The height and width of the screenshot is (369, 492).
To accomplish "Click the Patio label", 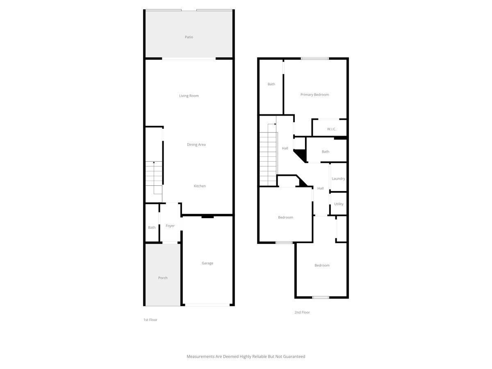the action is click(189, 37).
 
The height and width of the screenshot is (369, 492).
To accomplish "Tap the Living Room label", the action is click(189, 96).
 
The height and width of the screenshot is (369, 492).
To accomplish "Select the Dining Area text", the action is click(196, 144).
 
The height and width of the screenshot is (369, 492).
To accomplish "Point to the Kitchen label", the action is click(200, 186).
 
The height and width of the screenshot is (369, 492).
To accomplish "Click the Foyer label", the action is click(170, 226).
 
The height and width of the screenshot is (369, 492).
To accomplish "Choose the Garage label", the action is click(207, 263).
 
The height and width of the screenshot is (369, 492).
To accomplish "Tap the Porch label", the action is click(163, 278).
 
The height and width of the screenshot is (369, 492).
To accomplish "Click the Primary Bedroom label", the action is click(314, 95).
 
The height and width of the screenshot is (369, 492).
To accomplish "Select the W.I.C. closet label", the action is click(331, 129).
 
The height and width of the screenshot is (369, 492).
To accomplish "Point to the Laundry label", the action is click(338, 179).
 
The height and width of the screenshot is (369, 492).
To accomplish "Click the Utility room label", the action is click(339, 204).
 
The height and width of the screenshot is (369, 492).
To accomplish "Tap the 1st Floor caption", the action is click(150, 320).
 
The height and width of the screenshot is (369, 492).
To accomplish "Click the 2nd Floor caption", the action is click(302, 312).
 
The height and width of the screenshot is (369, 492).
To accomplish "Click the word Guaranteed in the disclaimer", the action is click(294, 356).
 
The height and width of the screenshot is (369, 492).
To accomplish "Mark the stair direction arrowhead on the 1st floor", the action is click(154, 162).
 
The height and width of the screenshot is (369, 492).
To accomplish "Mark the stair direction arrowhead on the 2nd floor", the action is click(275, 124).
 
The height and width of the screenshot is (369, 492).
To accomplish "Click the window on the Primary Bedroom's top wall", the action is click(315, 59).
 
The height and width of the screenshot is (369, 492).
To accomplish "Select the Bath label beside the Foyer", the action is click(152, 228).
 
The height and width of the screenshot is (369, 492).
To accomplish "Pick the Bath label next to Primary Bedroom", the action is click(271, 84).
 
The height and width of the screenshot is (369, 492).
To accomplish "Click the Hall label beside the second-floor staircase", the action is click(285, 148).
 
